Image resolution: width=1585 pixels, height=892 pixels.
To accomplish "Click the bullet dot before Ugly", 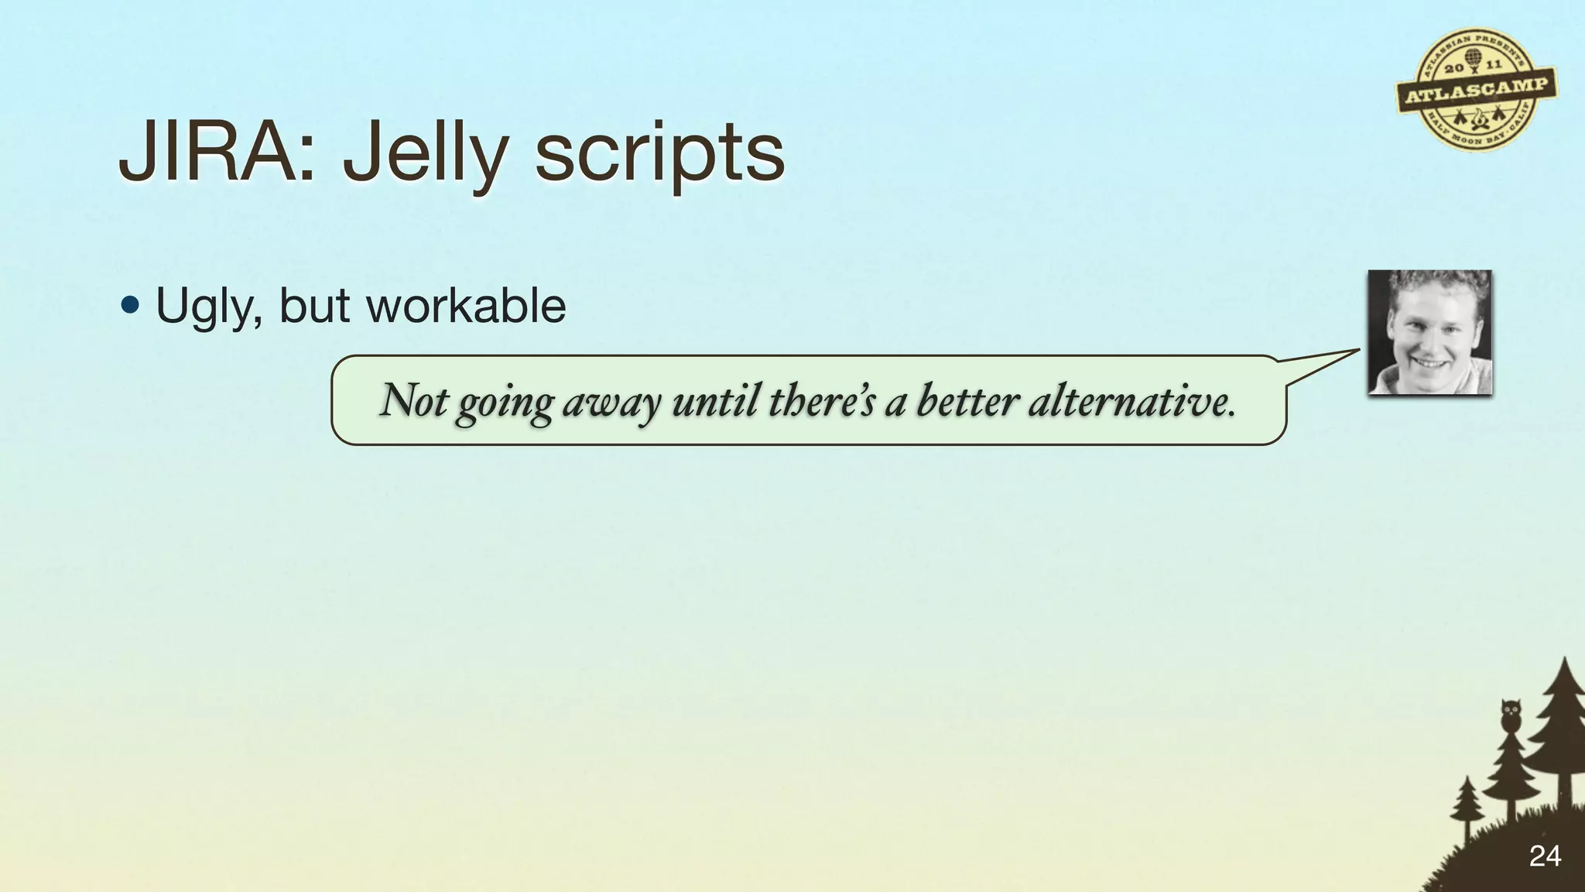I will point(131,304).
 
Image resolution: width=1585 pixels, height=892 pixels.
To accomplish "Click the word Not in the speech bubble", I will point(413,400).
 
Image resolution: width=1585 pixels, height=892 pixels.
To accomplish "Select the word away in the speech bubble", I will point(611,403).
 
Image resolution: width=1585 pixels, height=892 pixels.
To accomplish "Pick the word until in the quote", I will point(716,400).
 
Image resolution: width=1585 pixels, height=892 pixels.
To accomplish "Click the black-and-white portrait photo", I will point(1429,332).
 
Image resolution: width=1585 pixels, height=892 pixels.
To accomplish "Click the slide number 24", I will point(1545,856).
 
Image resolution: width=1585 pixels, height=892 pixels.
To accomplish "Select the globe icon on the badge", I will point(1472,59).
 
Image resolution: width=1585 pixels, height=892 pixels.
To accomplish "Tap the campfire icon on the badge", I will point(1477,118).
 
